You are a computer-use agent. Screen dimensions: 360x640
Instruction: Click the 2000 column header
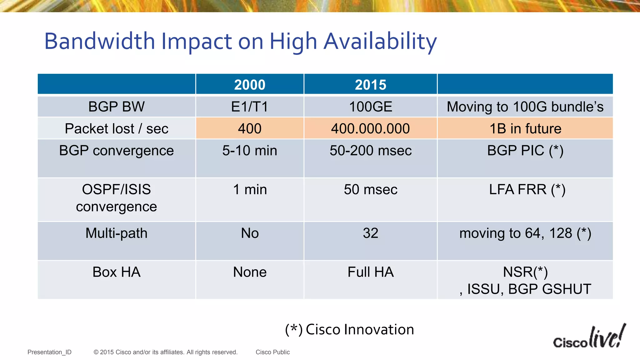[250, 85]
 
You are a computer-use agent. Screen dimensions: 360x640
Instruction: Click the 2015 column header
[371, 85]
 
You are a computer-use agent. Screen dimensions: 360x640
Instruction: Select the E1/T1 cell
[250, 107]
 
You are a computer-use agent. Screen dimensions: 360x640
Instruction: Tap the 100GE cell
[371, 107]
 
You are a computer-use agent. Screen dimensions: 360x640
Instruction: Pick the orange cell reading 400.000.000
[371, 128]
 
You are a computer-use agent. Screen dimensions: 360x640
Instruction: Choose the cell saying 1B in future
[525, 128]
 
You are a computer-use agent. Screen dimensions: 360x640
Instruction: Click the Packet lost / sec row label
[117, 128]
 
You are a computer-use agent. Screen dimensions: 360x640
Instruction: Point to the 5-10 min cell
[250, 151]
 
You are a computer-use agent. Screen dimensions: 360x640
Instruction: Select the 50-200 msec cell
[371, 151]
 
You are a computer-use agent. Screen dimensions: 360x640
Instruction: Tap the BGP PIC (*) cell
[525, 151]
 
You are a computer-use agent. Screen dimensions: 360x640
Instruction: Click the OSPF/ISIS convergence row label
[117, 198]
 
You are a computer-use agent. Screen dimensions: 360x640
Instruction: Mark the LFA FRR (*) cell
[527, 189]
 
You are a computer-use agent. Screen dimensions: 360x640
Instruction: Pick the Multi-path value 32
[371, 233]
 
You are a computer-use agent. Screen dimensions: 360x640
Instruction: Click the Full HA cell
[371, 272]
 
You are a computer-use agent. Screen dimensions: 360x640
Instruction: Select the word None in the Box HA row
[250, 272]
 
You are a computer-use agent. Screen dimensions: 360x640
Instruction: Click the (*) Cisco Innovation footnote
[349, 330]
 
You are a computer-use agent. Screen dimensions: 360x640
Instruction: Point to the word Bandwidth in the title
[100, 41]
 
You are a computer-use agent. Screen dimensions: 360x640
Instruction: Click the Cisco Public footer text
[272, 352]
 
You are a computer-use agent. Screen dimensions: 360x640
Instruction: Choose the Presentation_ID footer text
[49, 352]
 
